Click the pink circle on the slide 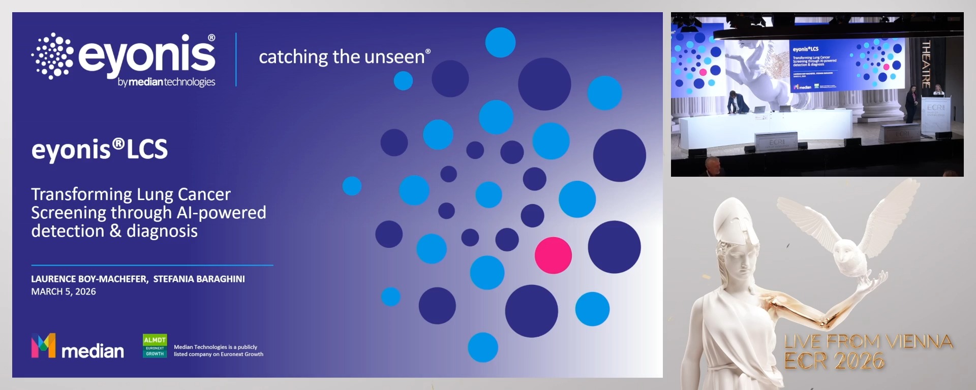click(553, 255)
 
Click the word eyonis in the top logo click(147, 54)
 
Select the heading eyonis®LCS click(100, 150)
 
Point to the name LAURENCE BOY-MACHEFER click(89, 279)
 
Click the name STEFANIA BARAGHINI click(199, 279)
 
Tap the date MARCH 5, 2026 click(64, 291)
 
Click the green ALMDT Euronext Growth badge click(155, 346)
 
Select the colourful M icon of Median click(43, 346)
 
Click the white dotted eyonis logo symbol click(52, 56)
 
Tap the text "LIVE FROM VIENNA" click(868, 341)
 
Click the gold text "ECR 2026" click(834, 361)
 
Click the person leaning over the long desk click(735, 102)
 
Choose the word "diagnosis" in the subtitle click(162, 231)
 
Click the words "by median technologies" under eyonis click(166, 82)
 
